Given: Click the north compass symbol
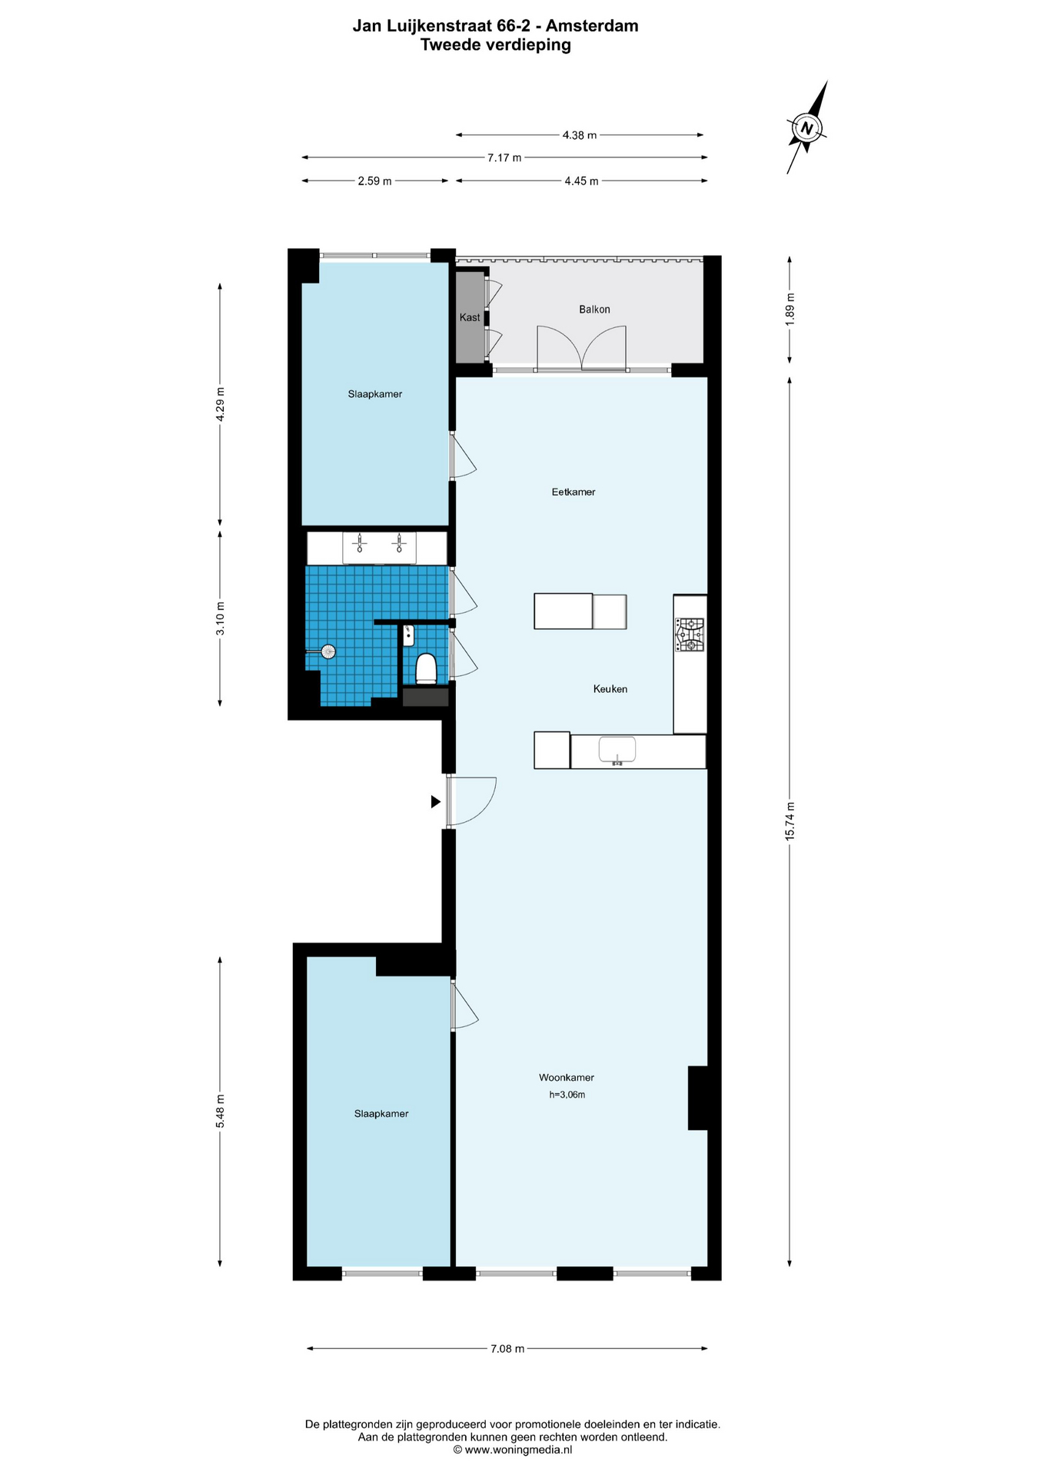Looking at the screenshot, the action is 806,128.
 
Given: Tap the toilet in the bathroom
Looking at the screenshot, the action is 426,668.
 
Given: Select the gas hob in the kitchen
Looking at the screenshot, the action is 690,635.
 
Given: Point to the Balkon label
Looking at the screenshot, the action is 594,310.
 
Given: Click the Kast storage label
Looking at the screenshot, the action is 470,317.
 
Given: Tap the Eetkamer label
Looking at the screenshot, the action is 574,492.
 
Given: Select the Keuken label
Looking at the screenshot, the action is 610,689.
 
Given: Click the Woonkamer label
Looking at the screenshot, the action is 567,1078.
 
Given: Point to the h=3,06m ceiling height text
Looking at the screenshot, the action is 567,1095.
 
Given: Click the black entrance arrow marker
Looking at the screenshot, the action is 436,802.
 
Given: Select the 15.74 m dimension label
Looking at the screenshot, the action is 790,821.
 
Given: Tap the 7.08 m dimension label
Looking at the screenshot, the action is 507,1348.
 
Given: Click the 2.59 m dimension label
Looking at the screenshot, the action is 374,181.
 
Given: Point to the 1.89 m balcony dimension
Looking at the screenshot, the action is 790,309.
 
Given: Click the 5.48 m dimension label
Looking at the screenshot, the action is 221,1111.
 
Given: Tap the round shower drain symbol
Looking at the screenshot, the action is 329,651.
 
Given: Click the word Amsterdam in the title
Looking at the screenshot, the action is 592,25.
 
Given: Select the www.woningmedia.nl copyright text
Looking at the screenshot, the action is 513,1450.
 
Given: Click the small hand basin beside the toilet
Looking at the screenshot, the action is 409,635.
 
